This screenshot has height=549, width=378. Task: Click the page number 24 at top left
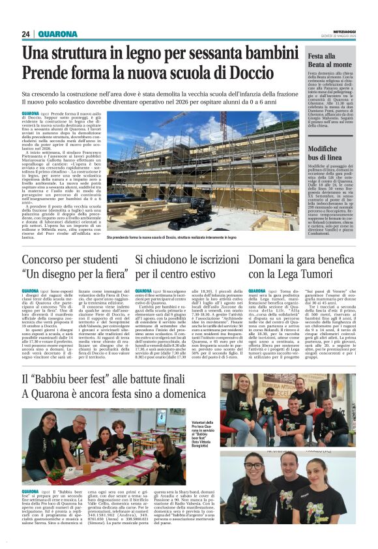coord(25,34)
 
